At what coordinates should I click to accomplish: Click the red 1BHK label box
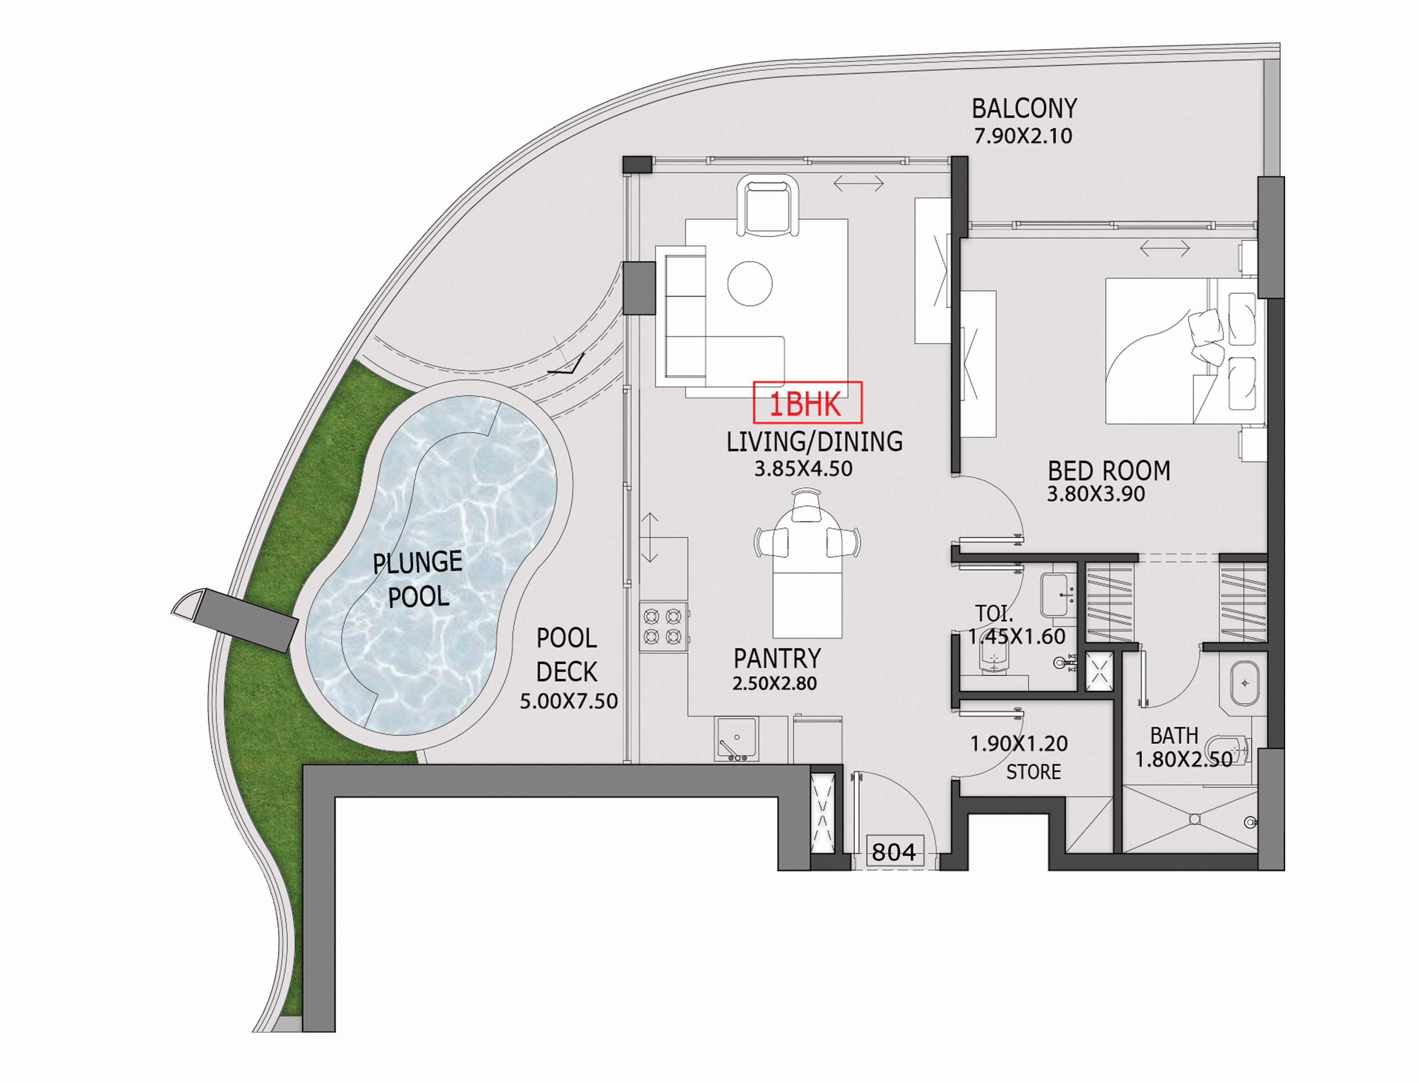pos(807,403)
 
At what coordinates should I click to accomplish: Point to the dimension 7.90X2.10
pos(1022,136)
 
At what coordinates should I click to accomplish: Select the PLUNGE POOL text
pos(418,579)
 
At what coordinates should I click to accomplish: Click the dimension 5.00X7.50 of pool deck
pos(568,702)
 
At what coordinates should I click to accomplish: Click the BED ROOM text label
pos(1108,471)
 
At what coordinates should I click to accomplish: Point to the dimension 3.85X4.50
pos(803,469)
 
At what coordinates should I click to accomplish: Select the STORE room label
pos(1033,772)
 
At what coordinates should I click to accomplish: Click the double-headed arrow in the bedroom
pos(1164,248)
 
